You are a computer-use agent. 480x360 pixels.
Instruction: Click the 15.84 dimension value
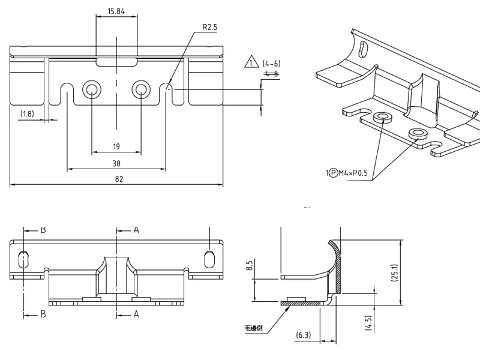point(116,11)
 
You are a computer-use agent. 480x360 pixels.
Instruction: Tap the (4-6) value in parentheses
point(272,63)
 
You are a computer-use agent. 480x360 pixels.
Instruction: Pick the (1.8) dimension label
point(27,113)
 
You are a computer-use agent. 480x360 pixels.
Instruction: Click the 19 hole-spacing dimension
point(116,146)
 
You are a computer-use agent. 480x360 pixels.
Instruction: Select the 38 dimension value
point(116,163)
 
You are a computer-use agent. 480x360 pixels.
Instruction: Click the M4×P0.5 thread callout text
point(355,174)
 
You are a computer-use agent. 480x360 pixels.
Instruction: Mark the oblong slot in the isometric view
point(362,47)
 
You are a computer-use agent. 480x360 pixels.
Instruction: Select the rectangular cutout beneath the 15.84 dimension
point(116,61)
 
